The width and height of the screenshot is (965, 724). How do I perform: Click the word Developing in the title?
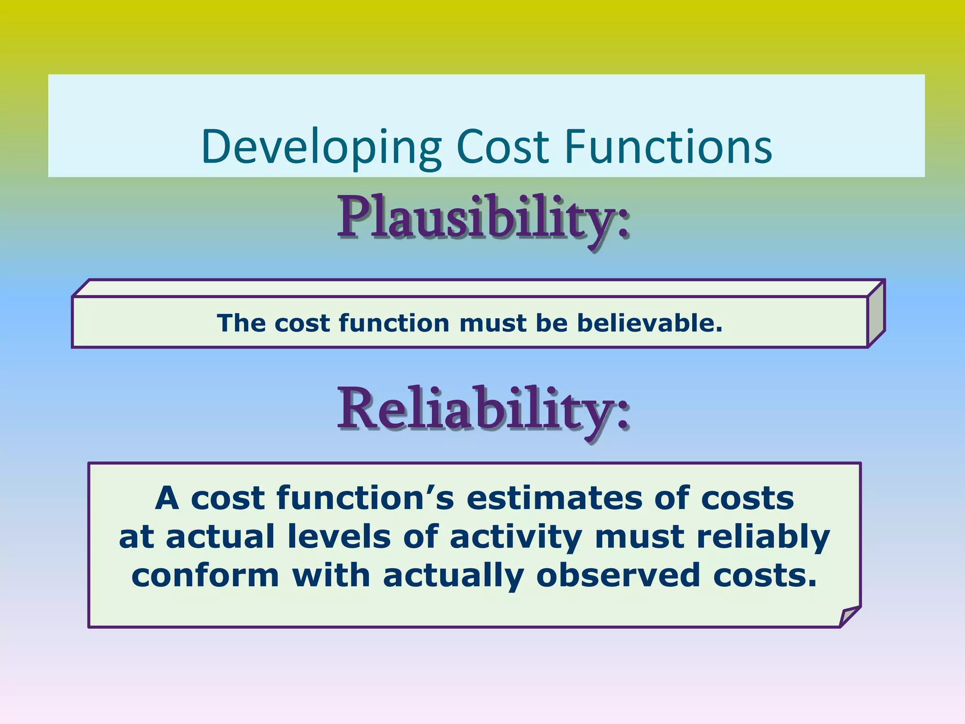pos(321,147)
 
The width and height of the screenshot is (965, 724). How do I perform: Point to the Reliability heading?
pos(482,409)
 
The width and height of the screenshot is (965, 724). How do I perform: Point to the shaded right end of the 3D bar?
pos(876,314)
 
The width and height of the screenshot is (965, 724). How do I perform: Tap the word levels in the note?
pos(339,537)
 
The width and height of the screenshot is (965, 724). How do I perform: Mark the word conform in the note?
pos(205,576)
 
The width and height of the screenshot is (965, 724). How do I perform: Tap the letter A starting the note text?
pos(167,499)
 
